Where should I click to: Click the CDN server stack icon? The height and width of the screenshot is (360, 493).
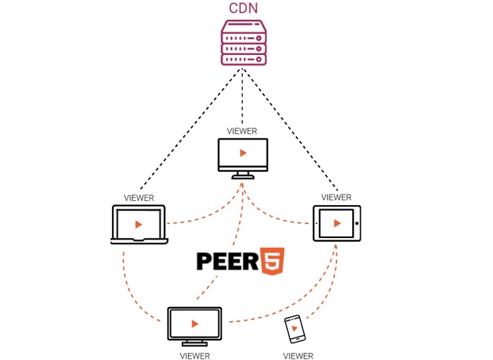click(243, 43)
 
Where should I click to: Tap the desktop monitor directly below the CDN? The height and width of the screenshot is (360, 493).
click(243, 153)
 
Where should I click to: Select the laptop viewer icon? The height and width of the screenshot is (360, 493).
click(139, 225)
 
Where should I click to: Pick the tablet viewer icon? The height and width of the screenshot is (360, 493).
click(337, 223)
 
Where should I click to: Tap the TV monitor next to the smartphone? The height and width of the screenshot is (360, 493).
click(194, 323)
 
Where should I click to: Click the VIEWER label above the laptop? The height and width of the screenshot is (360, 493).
click(139, 198)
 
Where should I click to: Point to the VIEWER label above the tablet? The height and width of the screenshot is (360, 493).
click(336, 197)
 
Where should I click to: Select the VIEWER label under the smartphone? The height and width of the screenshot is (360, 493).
click(298, 356)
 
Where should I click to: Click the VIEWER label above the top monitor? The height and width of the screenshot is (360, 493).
click(242, 131)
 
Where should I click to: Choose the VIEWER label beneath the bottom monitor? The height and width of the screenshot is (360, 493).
click(194, 356)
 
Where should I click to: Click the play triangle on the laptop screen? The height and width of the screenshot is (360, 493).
click(139, 224)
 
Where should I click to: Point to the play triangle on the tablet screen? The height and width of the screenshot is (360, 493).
click(337, 223)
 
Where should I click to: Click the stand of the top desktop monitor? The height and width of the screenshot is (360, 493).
click(243, 173)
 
